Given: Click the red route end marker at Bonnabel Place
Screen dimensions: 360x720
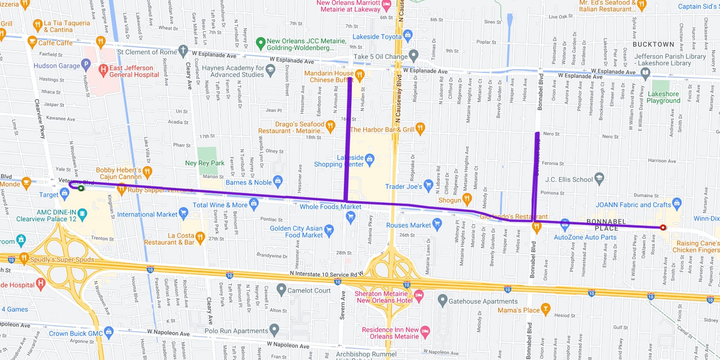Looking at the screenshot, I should pos(663,228).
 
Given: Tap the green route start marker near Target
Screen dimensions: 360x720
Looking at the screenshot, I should pos(81,188).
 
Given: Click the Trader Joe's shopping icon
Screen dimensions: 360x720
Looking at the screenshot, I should pos(428,185).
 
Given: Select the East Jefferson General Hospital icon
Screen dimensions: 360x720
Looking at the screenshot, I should pos(103,69).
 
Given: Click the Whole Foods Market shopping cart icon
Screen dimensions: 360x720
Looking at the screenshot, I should pos(350,217).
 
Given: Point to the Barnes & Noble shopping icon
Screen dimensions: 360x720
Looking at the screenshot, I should pos(278,180).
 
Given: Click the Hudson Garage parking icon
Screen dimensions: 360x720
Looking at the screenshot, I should pos(86,65).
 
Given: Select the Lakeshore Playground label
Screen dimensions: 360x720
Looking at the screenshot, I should pos(663,97).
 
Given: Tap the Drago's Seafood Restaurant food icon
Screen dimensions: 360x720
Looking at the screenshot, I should pos(330,125).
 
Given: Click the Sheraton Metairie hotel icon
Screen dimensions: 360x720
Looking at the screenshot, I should pos(419,295).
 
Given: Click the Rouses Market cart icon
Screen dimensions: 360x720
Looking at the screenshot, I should pos(437,223).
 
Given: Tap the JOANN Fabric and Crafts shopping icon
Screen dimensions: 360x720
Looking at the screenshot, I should pos(677,202).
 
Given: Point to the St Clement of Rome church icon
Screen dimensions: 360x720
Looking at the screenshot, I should pos(183,50).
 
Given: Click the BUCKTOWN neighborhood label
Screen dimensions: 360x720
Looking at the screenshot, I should pos(653,45).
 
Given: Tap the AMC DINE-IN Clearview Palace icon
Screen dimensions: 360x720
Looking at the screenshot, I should pos(82,213).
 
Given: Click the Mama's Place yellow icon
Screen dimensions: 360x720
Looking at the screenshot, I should pos(545,308).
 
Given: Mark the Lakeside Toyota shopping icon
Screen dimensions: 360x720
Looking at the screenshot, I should pos(408,34).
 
